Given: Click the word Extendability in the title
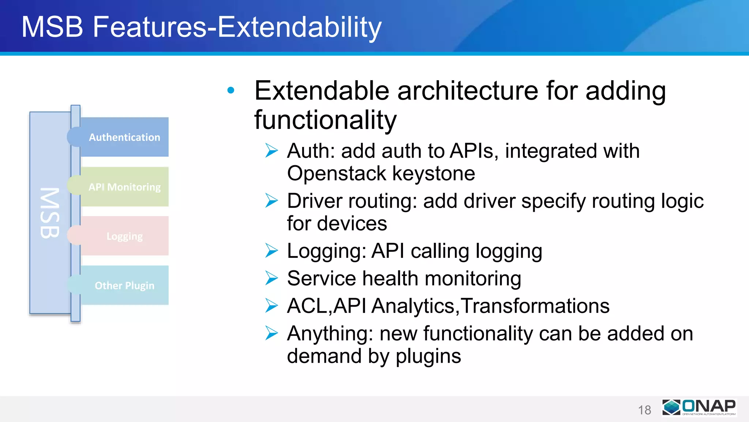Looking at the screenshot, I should (x=299, y=27).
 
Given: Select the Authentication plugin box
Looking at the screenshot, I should (x=124, y=137).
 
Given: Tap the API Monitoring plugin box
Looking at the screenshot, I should (x=124, y=187).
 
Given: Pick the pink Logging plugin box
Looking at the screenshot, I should (x=124, y=236).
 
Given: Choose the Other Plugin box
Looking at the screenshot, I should (x=124, y=285).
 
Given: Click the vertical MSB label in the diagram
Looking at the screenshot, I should (x=50, y=213).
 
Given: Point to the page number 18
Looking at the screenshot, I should (x=644, y=410).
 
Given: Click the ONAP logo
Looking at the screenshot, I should (x=699, y=407).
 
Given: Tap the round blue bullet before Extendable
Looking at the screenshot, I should (x=231, y=90).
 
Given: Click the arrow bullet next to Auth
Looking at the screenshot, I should (x=272, y=151).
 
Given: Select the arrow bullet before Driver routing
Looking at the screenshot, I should (x=272, y=201).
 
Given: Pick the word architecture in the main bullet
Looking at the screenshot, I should (x=467, y=91).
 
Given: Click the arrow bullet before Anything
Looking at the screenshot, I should (x=272, y=333).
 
